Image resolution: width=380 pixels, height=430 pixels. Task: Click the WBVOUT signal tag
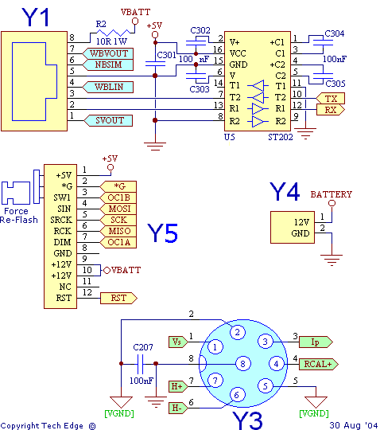click(x=108, y=53)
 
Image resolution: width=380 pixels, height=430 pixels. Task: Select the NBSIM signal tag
click(x=108, y=64)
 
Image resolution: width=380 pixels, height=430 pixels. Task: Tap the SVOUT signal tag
click(x=108, y=120)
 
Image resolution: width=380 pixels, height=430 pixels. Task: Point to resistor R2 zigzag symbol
click(x=112, y=33)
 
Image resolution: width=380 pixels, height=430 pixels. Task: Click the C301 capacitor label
click(x=166, y=55)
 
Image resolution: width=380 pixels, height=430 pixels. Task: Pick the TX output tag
click(x=331, y=98)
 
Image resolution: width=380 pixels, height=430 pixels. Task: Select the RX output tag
click(x=331, y=109)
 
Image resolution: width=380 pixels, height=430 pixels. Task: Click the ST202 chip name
click(x=281, y=137)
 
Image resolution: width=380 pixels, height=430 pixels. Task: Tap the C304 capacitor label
click(x=334, y=33)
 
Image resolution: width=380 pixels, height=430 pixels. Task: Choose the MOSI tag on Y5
click(x=118, y=209)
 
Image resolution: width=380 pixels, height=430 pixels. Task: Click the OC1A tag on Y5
click(x=118, y=242)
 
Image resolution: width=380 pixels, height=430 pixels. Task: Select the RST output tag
click(x=118, y=298)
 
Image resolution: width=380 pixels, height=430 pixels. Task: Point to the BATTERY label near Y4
click(x=331, y=194)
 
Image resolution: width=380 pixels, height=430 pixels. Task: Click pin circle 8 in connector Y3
click(x=242, y=364)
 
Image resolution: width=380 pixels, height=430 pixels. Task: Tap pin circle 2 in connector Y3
click(x=238, y=332)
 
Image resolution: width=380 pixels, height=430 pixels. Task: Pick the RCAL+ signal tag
click(x=319, y=364)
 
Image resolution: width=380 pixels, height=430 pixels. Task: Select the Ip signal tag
click(x=316, y=342)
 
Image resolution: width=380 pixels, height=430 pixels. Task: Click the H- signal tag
click(x=178, y=408)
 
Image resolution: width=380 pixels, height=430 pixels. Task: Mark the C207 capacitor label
click(x=143, y=347)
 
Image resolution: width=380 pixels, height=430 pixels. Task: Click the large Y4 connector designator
click(x=285, y=191)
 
